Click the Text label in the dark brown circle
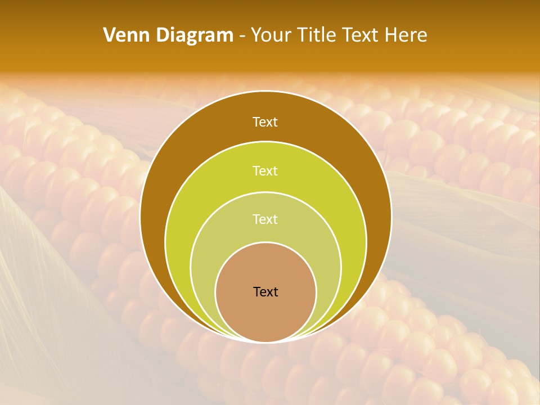point(265,122)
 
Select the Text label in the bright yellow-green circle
point(265,170)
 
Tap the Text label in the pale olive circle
point(265,219)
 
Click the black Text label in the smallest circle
point(265,292)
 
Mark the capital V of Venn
point(110,35)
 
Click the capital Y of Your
point(256,35)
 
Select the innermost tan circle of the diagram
point(265,315)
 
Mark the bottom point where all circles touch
point(265,341)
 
